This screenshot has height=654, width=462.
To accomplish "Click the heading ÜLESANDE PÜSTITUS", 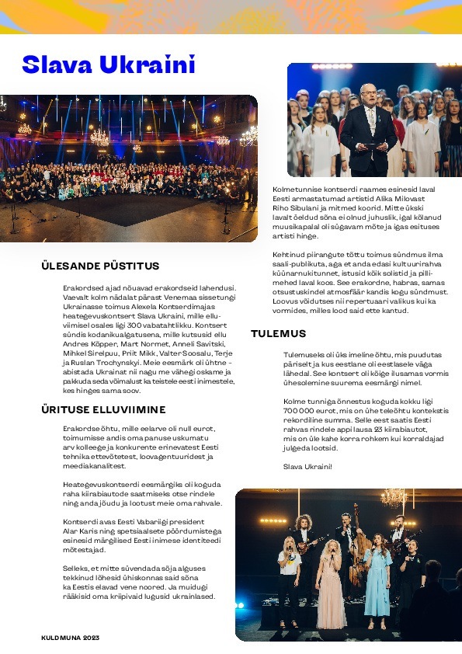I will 100,266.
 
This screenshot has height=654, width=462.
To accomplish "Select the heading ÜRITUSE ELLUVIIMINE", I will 103,409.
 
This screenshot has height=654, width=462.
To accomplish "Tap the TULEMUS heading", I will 278,334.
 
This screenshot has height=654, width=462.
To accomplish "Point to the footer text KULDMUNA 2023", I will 71,638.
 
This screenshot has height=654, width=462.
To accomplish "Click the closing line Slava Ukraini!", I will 307,466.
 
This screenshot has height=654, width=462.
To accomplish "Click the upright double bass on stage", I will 358,544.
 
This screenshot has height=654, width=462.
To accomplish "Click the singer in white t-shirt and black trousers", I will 289,575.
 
